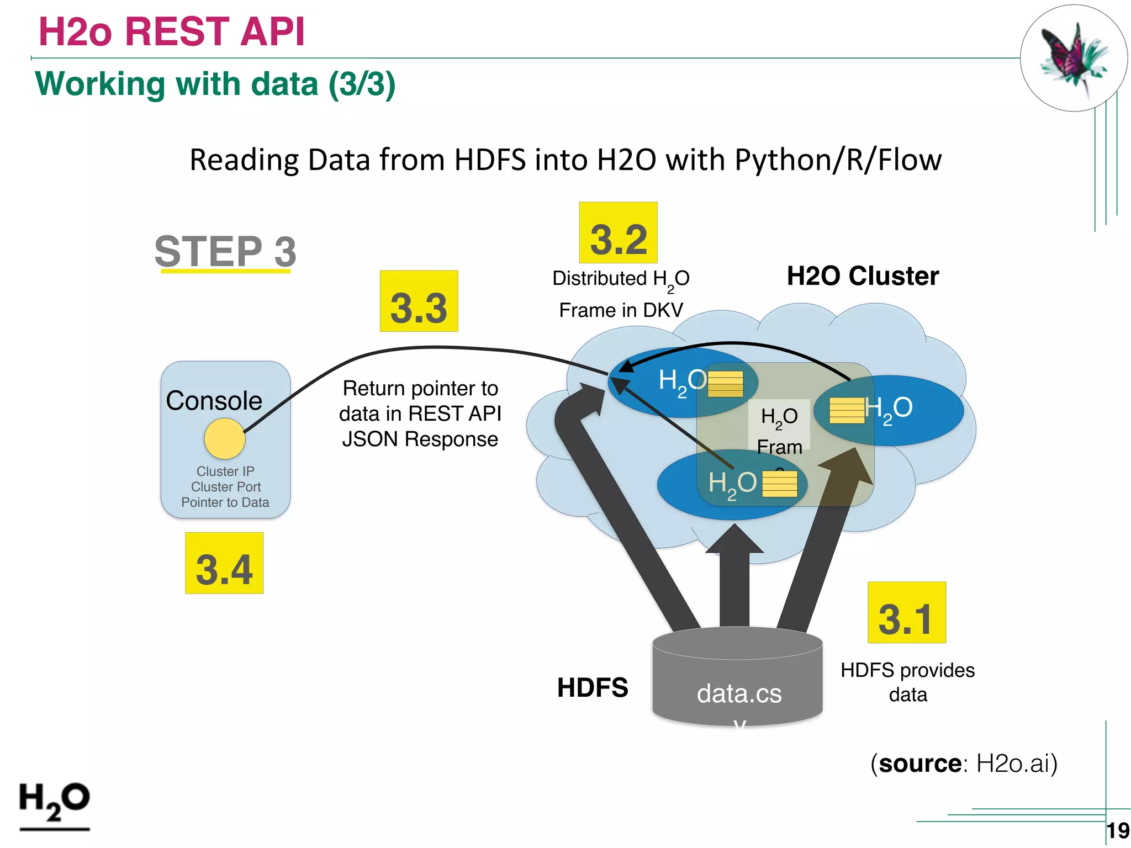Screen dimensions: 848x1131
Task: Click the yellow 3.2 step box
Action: (618, 232)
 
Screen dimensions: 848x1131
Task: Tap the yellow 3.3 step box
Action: (419, 301)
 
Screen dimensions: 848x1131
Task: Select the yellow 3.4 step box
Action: (224, 563)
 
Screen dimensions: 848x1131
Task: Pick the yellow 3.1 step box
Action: (906, 612)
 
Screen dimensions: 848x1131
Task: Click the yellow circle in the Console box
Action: (224, 439)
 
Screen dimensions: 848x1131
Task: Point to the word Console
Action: (214, 401)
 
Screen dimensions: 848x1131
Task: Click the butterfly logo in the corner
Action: (1073, 58)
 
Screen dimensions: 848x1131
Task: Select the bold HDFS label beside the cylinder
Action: (592, 688)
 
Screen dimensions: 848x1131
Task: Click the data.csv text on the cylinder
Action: (739, 694)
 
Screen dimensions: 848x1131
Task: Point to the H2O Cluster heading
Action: (862, 276)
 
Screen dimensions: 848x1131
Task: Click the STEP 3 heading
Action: (225, 252)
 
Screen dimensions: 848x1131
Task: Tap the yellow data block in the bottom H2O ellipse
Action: (779, 484)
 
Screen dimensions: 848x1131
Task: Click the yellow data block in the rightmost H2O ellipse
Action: (847, 410)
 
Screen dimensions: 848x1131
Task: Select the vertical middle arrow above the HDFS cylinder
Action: (734, 580)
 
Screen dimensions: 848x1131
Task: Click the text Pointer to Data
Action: (225, 502)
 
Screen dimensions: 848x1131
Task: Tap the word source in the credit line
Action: (920, 764)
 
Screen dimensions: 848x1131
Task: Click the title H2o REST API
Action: (171, 31)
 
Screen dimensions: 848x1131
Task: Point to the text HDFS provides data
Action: (907, 682)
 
